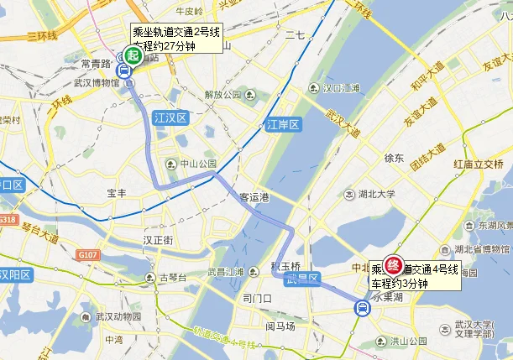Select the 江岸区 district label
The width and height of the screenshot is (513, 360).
point(282,124)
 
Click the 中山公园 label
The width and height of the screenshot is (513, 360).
point(197,164)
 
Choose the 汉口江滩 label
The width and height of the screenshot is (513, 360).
point(345,87)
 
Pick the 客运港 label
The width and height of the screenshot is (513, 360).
point(254,197)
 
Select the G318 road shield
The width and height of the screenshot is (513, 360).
point(8,220)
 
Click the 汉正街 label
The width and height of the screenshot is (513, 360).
point(158,240)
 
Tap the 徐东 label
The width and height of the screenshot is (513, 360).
point(394,158)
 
